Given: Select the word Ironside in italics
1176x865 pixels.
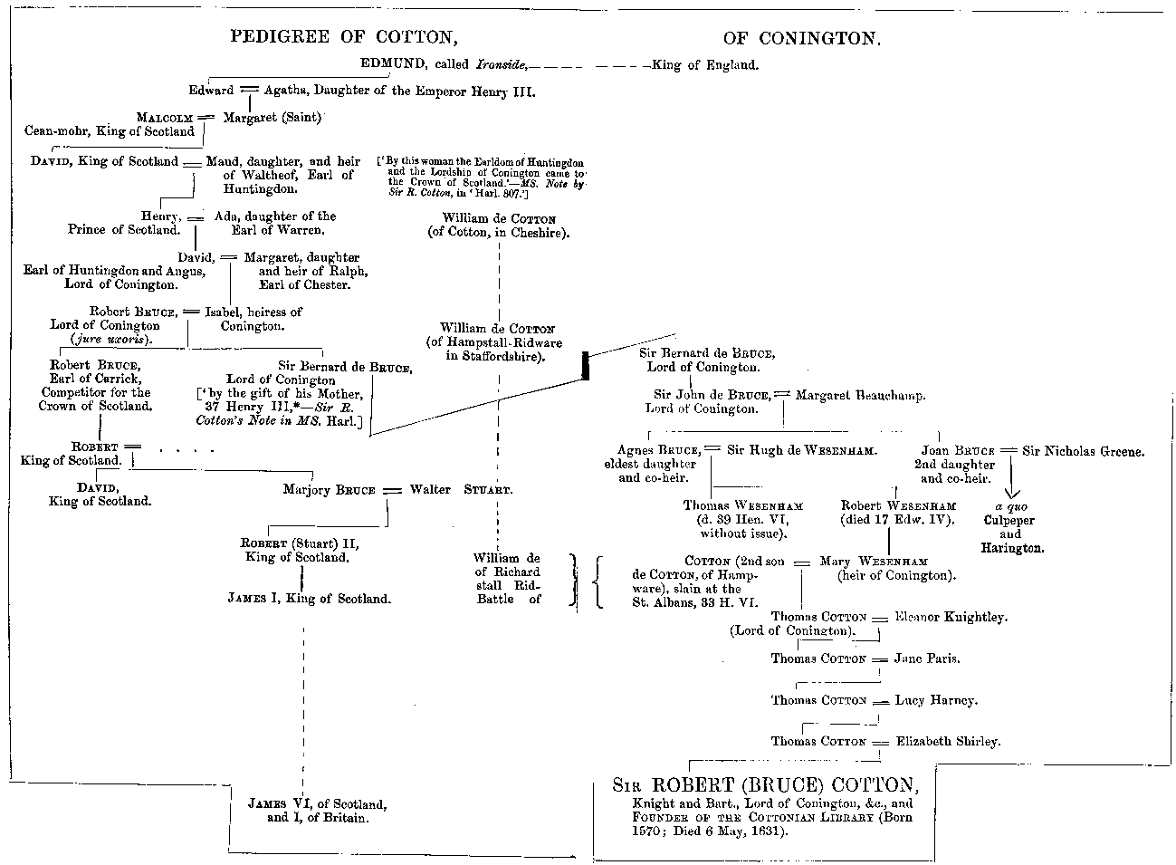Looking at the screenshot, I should click(x=497, y=65).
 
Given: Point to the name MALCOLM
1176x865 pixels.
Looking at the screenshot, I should click(x=166, y=118).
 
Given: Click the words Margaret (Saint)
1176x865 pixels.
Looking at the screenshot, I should click(x=272, y=118).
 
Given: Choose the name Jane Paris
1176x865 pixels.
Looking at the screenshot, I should click(x=927, y=658).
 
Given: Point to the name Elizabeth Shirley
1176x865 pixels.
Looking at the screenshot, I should click(x=948, y=741).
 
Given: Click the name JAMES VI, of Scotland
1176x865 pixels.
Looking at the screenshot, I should click(x=318, y=803).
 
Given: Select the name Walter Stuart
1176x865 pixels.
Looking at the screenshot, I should click(x=461, y=489).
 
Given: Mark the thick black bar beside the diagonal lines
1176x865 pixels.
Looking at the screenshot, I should click(x=585, y=365).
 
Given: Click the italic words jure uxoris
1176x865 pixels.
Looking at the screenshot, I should click(x=112, y=339).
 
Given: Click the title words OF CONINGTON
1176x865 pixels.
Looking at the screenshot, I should click(x=802, y=38).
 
